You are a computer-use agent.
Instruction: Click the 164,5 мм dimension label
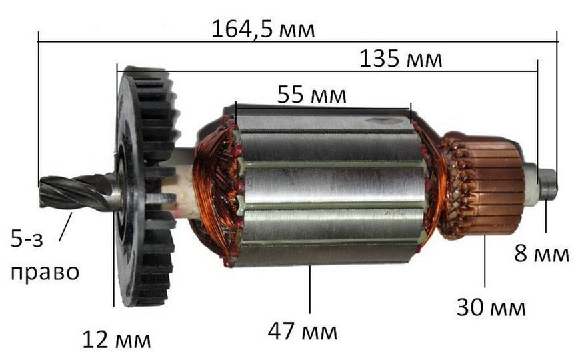point(263,29)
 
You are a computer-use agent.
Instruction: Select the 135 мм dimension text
point(401,59)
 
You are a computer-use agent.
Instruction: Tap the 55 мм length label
point(312,95)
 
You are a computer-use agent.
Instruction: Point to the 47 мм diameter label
point(303,331)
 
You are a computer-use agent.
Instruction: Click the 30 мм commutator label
point(491,307)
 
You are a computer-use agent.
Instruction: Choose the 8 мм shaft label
point(541,254)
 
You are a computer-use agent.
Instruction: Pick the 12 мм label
point(116,339)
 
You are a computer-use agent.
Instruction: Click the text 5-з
point(27,239)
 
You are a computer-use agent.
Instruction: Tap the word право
point(45,273)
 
